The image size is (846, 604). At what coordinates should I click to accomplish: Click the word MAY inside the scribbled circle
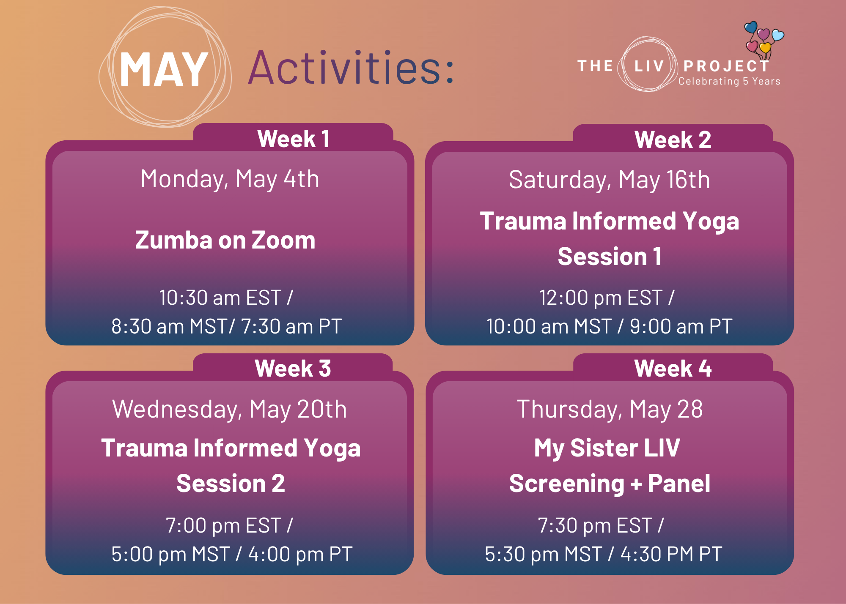click(x=164, y=70)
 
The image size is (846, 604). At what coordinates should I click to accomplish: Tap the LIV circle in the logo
click(x=648, y=66)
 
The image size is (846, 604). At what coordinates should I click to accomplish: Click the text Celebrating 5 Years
click(x=729, y=82)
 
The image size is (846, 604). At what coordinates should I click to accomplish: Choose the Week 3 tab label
click(x=293, y=368)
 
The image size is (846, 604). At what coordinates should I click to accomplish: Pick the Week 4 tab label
click(x=673, y=368)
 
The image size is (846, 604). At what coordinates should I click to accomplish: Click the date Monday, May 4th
click(x=230, y=179)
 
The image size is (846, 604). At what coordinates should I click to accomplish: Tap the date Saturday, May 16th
click(x=609, y=180)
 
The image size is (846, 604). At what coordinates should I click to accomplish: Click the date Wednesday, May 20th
click(x=230, y=409)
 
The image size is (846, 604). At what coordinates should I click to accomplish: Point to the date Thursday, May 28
click(x=610, y=409)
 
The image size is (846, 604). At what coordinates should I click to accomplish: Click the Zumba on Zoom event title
click(x=225, y=240)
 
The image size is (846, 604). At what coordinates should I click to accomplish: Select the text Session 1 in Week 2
click(x=610, y=257)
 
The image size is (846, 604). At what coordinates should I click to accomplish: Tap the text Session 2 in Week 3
click(x=231, y=484)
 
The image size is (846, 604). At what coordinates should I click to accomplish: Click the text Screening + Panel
click(x=610, y=484)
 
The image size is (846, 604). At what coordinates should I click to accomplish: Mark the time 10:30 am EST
click(x=220, y=298)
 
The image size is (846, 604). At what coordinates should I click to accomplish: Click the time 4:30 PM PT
click(x=671, y=554)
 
